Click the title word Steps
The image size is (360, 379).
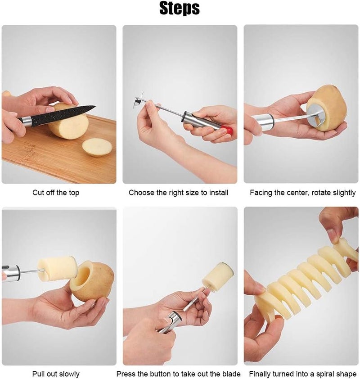click(180, 9)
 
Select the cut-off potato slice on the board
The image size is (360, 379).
click(97, 147)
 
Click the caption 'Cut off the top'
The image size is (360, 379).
click(56, 193)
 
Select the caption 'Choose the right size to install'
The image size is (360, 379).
click(179, 193)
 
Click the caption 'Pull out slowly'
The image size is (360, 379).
click(56, 374)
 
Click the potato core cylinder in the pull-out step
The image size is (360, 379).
click(58, 269)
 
